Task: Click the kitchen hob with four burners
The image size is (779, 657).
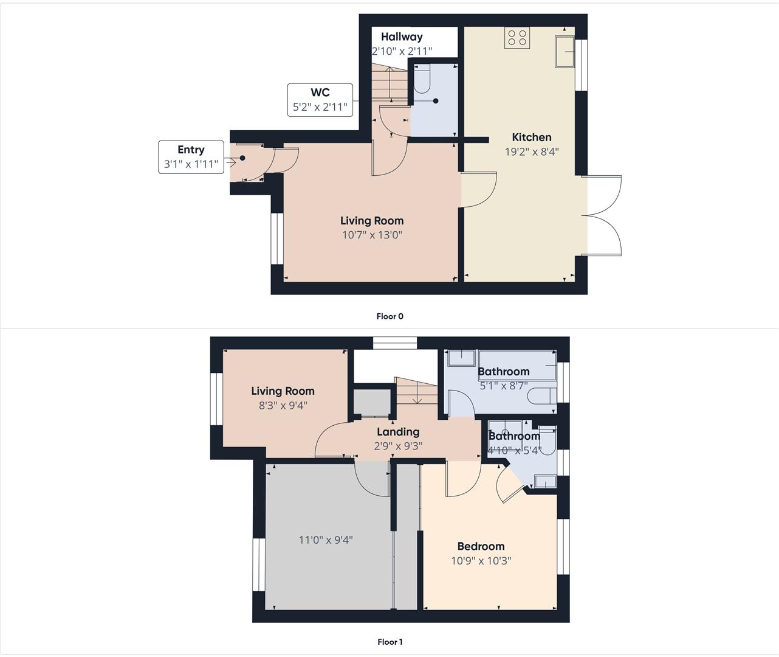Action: coord(517,38)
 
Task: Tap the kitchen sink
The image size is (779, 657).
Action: coord(565,51)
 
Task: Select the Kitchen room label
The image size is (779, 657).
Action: coord(531,137)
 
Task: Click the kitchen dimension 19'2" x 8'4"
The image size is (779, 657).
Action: coord(531,151)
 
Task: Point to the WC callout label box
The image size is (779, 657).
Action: coord(320,100)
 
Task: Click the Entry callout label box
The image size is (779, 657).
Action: coord(191,157)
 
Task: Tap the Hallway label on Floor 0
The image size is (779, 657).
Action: coord(402,37)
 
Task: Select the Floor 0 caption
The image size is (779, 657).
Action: coord(390,316)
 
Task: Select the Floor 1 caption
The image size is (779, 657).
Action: coord(390,642)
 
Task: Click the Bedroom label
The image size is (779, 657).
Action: coord(481,546)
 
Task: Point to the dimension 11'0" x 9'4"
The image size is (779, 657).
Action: coord(326,540)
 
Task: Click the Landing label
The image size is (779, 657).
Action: coord(398,432)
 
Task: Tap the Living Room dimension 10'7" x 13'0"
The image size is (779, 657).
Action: coord(372,235)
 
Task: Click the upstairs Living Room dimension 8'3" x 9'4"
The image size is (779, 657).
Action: coord(283,405)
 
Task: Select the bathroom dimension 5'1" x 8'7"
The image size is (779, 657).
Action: coord(503,386)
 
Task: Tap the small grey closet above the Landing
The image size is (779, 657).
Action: coord(372,402)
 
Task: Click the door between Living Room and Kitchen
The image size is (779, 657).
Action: coord(479,189)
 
